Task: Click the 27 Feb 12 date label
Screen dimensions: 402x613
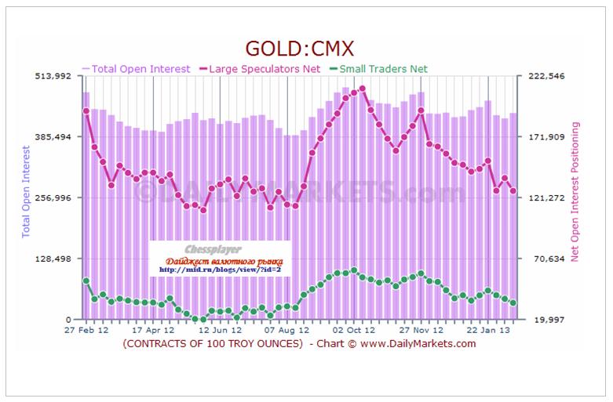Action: (x=86, y=331)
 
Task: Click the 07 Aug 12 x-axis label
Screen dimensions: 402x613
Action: (x=287, y=331)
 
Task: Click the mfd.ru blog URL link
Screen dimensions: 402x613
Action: (x=220, y=270)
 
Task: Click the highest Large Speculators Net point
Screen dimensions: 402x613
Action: (x=363, y=89)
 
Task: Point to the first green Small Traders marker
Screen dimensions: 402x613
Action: (x=86, y=281)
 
